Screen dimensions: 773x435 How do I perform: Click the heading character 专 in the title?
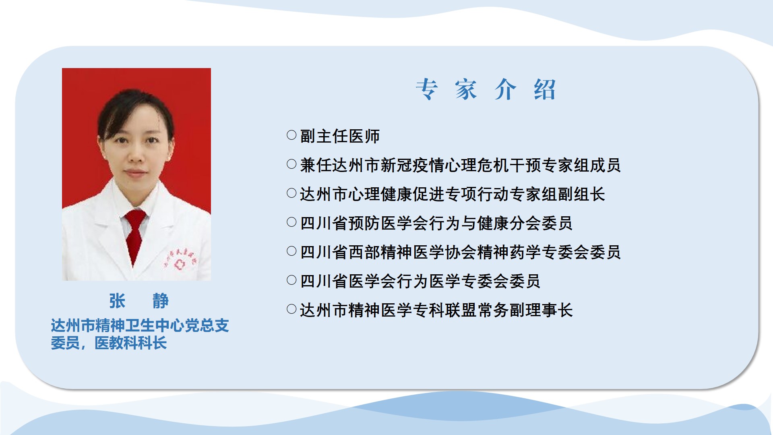point(427,89)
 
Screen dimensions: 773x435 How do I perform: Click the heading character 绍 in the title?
point(545,89)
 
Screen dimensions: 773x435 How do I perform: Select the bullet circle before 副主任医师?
point(291,135)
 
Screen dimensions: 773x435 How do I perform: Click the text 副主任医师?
point(340,136)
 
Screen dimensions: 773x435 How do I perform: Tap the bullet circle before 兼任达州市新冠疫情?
point(291,164)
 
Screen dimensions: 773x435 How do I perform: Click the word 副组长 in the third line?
point(581,194)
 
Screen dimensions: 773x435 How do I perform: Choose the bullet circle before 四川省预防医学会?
point(291,222)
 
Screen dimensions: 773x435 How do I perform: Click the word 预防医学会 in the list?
point(389,223)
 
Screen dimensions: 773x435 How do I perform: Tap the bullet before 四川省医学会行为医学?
point(291,280)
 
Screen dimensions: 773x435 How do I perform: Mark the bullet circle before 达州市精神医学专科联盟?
point(291,309)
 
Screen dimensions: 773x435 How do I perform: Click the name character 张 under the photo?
point(117,301)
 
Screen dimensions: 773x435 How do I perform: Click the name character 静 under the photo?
point(161,301)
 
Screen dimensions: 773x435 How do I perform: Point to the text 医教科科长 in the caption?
point(130,343)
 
